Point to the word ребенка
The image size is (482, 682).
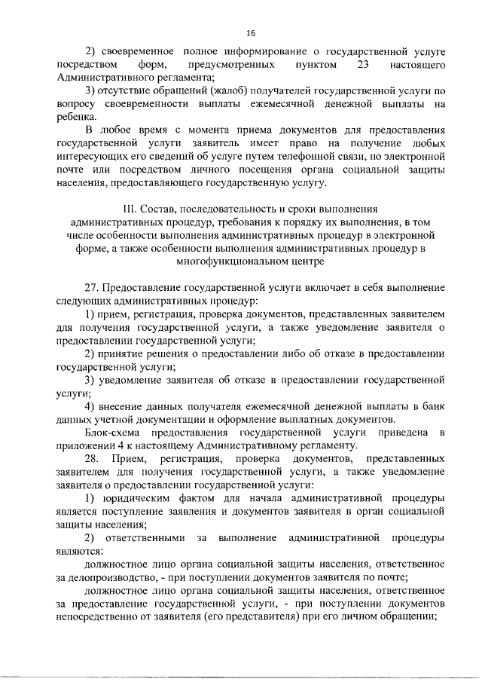75,117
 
